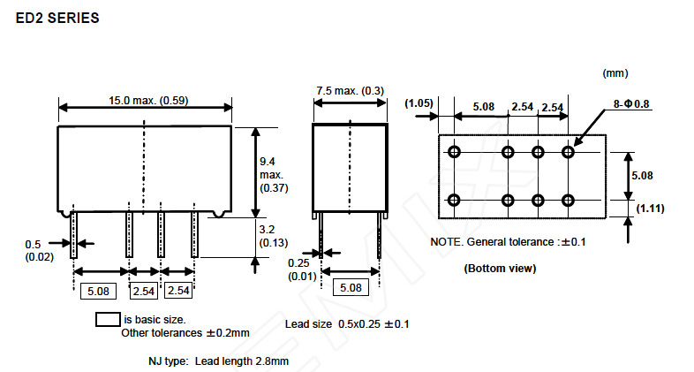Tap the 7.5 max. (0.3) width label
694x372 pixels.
click(351, 91)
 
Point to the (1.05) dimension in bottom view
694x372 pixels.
click(419, 103)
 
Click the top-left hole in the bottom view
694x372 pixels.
click(455, 152)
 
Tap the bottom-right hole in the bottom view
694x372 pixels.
click(568, 200)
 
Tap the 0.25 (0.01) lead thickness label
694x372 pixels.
click(301, 270)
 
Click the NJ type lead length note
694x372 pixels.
click(218, 361)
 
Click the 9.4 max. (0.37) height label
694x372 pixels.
click(269, 174)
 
